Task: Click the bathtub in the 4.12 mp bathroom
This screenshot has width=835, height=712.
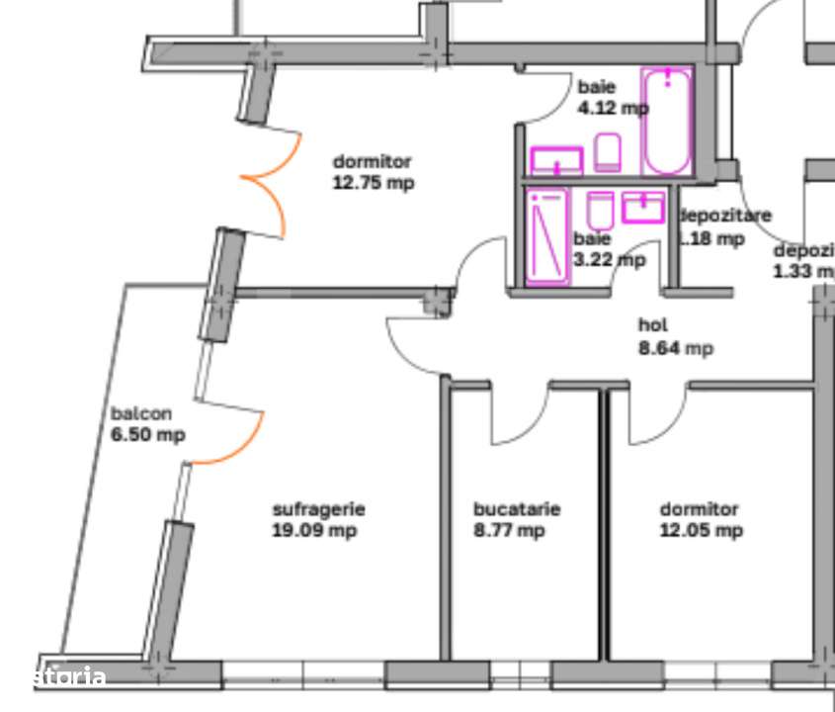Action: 667,121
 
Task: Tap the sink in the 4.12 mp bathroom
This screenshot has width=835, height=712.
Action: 557,159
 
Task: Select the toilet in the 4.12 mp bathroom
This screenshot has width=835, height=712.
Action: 608,152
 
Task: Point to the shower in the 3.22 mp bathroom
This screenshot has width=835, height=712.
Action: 547,235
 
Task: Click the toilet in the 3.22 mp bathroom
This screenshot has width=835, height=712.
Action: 600,210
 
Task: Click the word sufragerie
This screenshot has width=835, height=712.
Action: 318,509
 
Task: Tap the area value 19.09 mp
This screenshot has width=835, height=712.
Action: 314,531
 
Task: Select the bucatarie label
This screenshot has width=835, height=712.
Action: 517,509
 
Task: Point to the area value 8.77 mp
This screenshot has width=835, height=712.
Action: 509,531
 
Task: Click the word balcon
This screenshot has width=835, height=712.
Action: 141,414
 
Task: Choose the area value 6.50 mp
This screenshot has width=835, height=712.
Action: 147,435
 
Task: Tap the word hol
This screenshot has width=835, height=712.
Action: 653,325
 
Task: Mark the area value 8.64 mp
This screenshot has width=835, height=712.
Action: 676,348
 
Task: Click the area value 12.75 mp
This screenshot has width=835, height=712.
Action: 373,183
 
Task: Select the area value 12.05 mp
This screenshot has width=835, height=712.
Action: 701,531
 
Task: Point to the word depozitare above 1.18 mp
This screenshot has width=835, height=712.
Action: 726,216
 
